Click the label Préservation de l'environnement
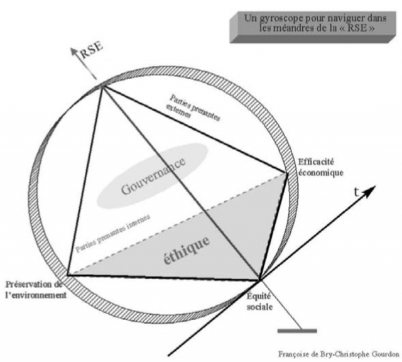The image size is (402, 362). click(x=35, y=290)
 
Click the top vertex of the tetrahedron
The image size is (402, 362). click(x=101, y=87)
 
